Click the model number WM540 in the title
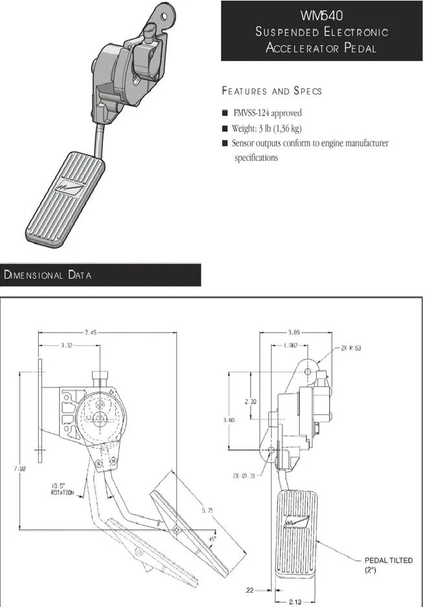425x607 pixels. click(321, 15)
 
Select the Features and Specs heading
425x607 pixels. click(271, 91)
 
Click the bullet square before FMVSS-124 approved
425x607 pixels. click(225, 113)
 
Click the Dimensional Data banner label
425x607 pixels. click(48, 275)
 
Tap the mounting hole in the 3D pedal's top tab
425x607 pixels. click(165, 15)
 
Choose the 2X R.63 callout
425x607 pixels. click(350, 348)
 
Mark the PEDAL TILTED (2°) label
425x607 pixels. click(388, 564)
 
